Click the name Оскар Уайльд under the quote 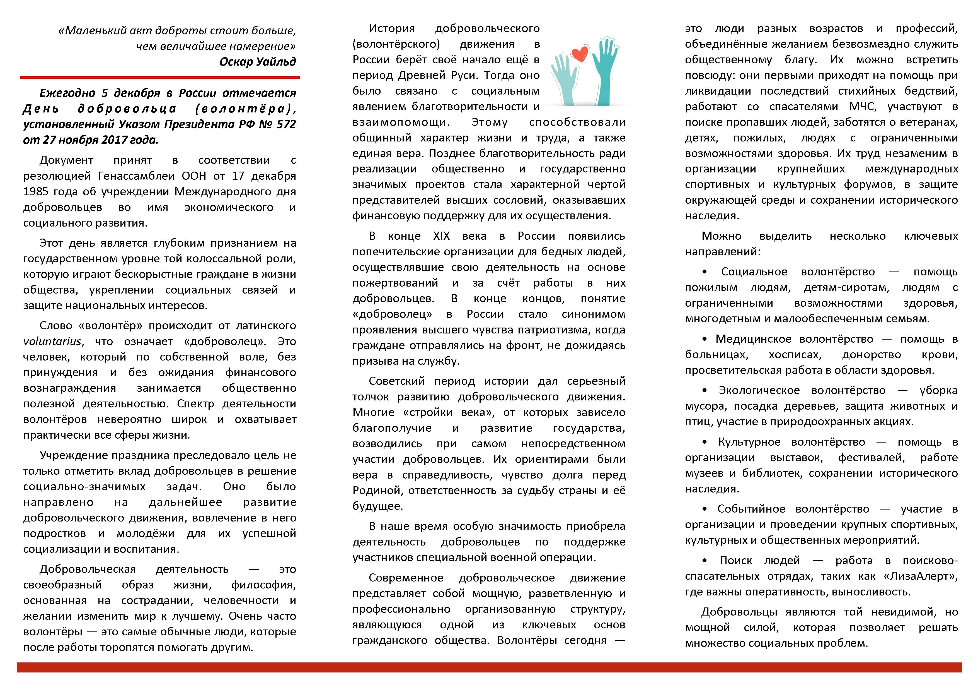coord(257,62)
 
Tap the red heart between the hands coord(579,54)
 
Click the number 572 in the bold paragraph coord(285,124)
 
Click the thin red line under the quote coord(160,78)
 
